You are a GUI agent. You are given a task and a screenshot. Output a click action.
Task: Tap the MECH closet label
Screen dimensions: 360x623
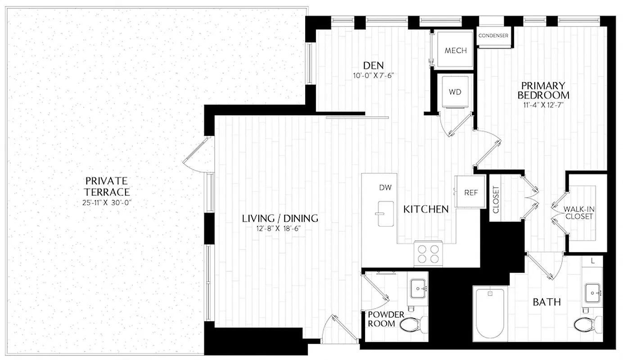point(456,50)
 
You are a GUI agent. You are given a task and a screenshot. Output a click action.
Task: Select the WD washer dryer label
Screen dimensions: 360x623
point(454,92)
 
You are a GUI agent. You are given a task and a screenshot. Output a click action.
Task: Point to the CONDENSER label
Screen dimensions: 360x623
point(493,36)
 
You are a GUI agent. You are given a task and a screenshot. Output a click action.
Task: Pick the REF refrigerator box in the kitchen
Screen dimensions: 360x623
point(470,192)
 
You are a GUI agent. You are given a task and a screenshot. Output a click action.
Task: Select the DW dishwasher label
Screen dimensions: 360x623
point(384,187)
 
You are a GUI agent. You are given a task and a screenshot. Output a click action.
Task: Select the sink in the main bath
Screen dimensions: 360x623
point(591,291)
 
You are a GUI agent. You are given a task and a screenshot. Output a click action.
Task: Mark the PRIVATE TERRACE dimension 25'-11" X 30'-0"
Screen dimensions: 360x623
point(107,203)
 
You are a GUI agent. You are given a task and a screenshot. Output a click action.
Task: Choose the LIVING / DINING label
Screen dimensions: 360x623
point(280,219)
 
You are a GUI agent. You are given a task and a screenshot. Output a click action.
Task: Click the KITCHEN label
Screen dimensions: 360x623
point(425,209)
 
